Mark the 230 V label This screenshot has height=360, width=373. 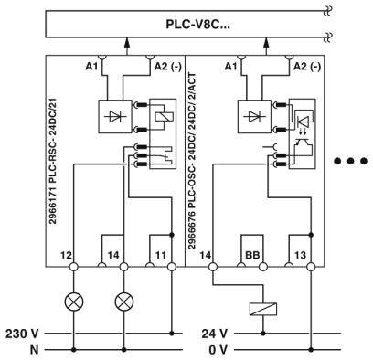coord(21,332)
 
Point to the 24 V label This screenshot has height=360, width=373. coord(214,332)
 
